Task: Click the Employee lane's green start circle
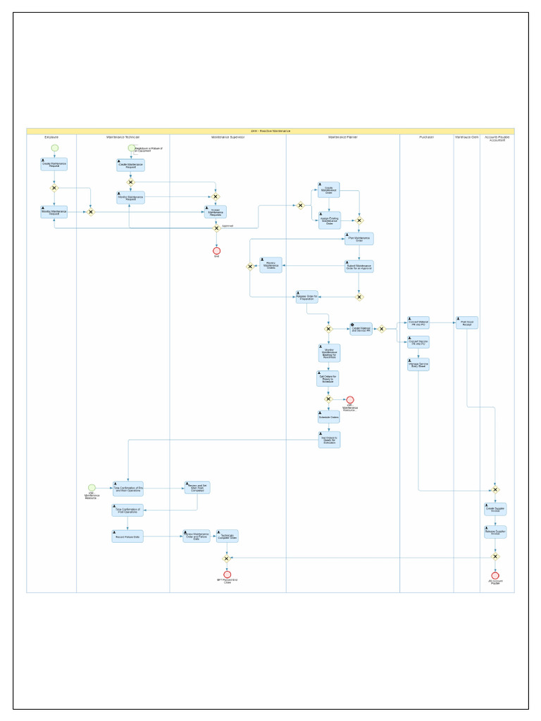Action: pos(54,148)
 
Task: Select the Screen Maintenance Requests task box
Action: pos(216,212)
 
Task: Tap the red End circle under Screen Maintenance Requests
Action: pos(216,250)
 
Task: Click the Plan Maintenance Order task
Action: pos(359,239)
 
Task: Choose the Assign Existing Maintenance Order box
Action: pos(329,220)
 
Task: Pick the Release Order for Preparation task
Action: pos(306,296)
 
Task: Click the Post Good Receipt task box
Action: pos(466,322)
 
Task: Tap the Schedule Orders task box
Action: pos(328,417)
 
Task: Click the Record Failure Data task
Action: pos(128,537)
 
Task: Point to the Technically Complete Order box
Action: pos(227,537)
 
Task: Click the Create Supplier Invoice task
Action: pos(495,508)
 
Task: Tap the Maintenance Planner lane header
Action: pos(342,137)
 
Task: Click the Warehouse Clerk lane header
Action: pos(466,137)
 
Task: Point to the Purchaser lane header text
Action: pos(426,137)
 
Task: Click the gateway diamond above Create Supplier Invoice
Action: pos(495,489)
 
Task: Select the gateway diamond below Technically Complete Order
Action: pos(227,558)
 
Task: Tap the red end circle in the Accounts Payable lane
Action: pos(495,575)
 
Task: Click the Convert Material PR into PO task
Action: pos(418,322)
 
